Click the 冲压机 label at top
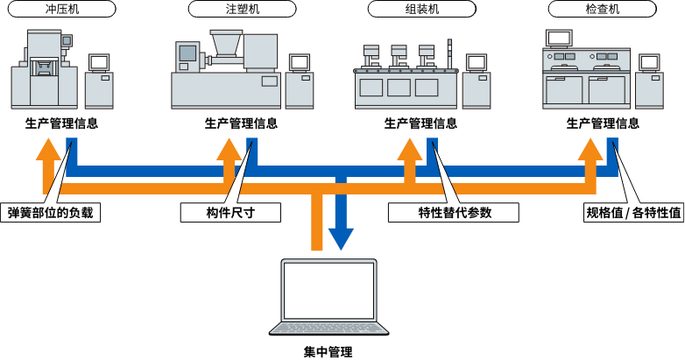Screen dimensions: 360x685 [x=62, y=10]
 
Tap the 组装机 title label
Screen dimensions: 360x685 [x=420, y=10]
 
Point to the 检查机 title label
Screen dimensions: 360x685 [x=601, y=10]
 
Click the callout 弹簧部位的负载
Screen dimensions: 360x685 [x=50, y=213]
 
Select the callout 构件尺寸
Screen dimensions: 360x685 [x=230, y=213]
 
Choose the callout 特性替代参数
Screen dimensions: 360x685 [x=454, y=213]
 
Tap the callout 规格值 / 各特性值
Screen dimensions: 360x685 [x=633, y=213]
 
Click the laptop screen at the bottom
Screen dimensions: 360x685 [x=328, y=290]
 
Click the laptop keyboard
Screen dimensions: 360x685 [x=328, y=328]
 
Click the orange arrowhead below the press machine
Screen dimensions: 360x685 [x=49, y=149]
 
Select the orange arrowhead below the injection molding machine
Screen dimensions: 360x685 [x=229, y=149]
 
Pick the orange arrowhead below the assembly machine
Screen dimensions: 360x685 [x=409, y=149]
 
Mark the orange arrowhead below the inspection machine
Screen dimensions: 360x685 [x=590, y=149]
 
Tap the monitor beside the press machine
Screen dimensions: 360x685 [x=99, y=63]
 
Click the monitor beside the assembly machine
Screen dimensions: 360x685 [x=476, y=63]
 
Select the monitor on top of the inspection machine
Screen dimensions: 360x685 [x=558, y=38]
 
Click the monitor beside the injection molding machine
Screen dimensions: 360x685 [x=300, y=63]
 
